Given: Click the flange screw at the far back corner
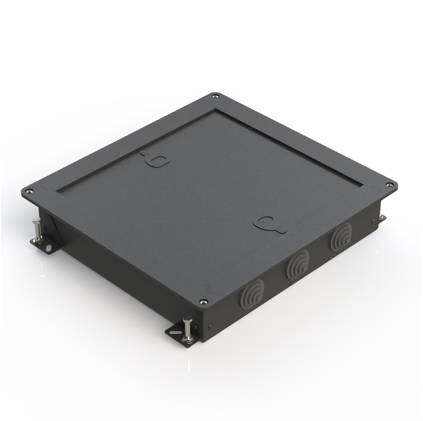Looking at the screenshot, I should tap(215, 96).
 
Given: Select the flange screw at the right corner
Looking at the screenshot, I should tap(392, 184).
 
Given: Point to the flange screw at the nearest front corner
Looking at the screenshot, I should tap(203, 301).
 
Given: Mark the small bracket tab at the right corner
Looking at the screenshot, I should tap(382, 218).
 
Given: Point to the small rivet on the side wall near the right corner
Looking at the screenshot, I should tap(372, 220).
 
